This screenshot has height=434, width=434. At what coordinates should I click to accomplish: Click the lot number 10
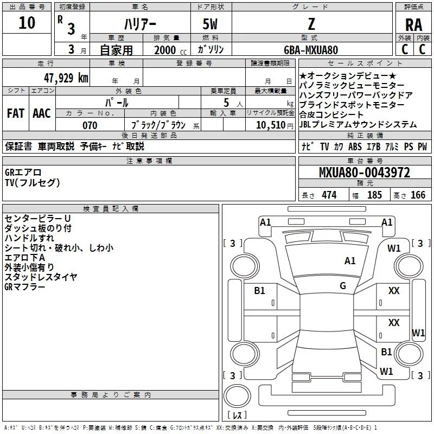(27, 23)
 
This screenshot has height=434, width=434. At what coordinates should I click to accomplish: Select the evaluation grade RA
(413, 24)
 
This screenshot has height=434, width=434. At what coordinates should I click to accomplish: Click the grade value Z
(311, 24)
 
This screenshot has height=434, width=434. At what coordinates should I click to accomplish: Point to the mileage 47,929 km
(66, 78)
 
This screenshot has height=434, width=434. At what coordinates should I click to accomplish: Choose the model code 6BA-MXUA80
(311, 50)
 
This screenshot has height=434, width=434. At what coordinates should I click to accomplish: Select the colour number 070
(90, 125)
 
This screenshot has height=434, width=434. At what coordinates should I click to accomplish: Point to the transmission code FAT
(16, 113)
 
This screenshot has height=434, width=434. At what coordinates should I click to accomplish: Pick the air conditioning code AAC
(41, 113)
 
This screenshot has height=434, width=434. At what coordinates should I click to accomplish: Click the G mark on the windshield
(343, 285)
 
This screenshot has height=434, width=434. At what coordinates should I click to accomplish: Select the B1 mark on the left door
(260, 291)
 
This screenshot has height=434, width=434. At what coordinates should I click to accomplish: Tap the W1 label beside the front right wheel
(394, 248)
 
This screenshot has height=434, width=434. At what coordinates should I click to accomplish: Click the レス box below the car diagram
(237, 416)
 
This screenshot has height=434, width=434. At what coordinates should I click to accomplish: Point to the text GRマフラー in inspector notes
(25, 286)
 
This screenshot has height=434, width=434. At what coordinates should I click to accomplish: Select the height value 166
(418, 195)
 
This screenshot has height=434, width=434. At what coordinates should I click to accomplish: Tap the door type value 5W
(211, 24)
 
